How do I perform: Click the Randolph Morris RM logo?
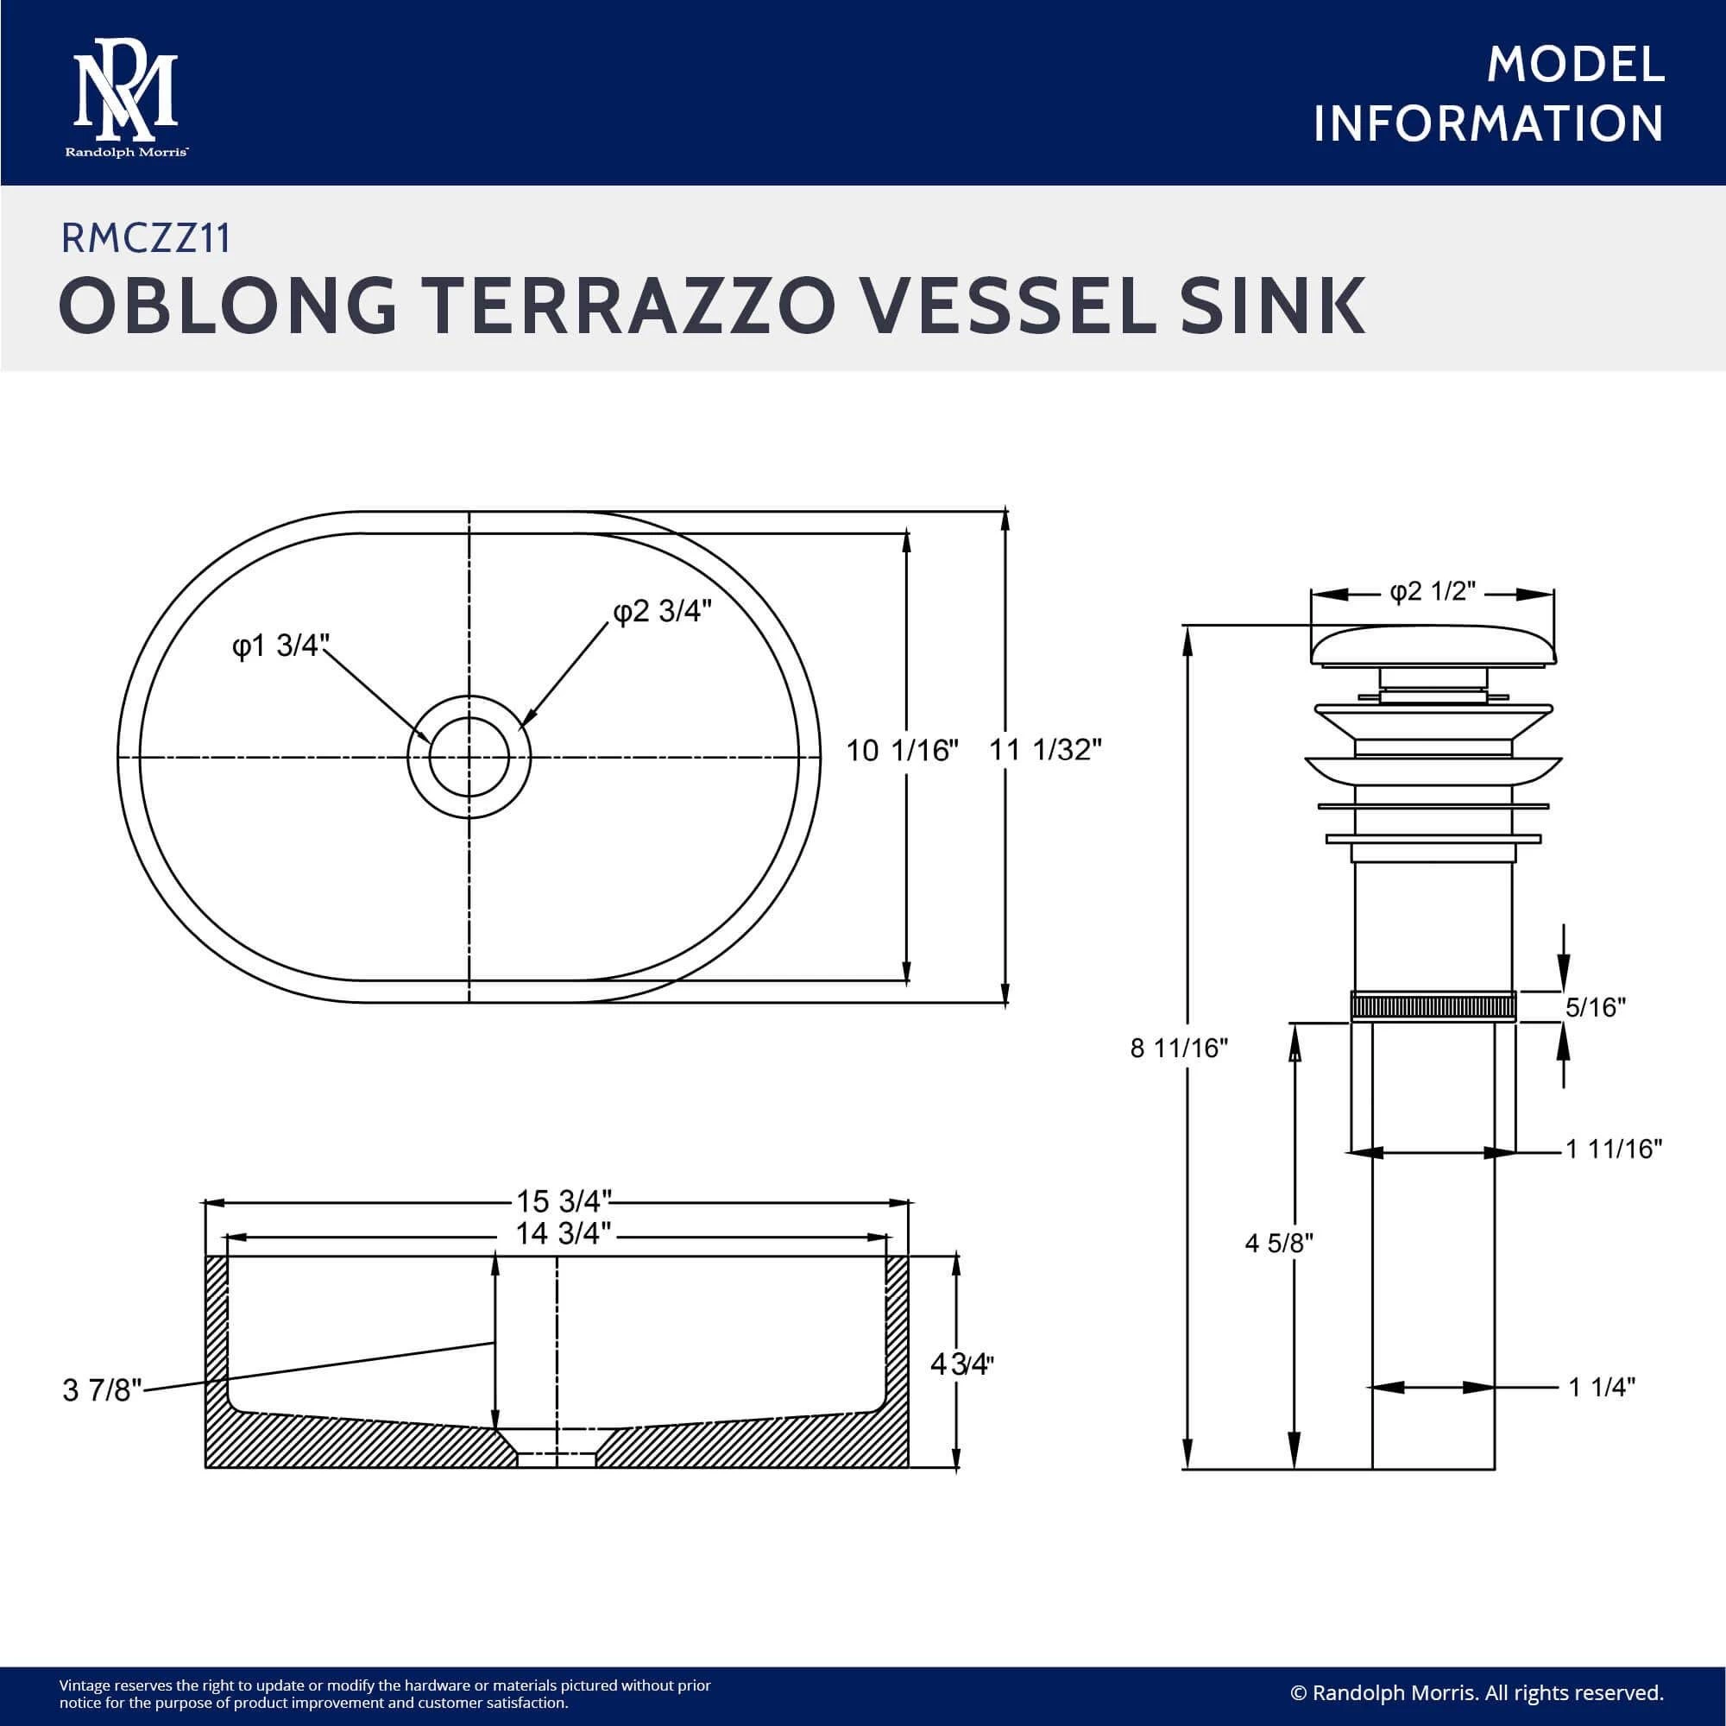[126, 98]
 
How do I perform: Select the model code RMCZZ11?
[146, 238]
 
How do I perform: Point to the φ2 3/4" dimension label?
[662, 611]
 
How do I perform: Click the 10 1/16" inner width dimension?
[902, 751]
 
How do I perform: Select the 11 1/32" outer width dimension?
[1045, 750]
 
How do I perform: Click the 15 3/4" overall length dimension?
[563, 1200]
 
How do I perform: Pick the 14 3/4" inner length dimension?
[563, 1234]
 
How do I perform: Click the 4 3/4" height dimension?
[961, 1364]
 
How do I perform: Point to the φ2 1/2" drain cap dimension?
[1432, 592]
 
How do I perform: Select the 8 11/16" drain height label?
[1178, 1048]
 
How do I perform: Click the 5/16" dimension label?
[1595, 1008]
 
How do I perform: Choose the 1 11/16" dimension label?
[1614, 1149]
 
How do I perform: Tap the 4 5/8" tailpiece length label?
[1278, 1243]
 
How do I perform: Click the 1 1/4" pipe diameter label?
[1602, 1388]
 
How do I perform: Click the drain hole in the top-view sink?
[469, 756]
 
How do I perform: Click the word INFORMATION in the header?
[1488, 124]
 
